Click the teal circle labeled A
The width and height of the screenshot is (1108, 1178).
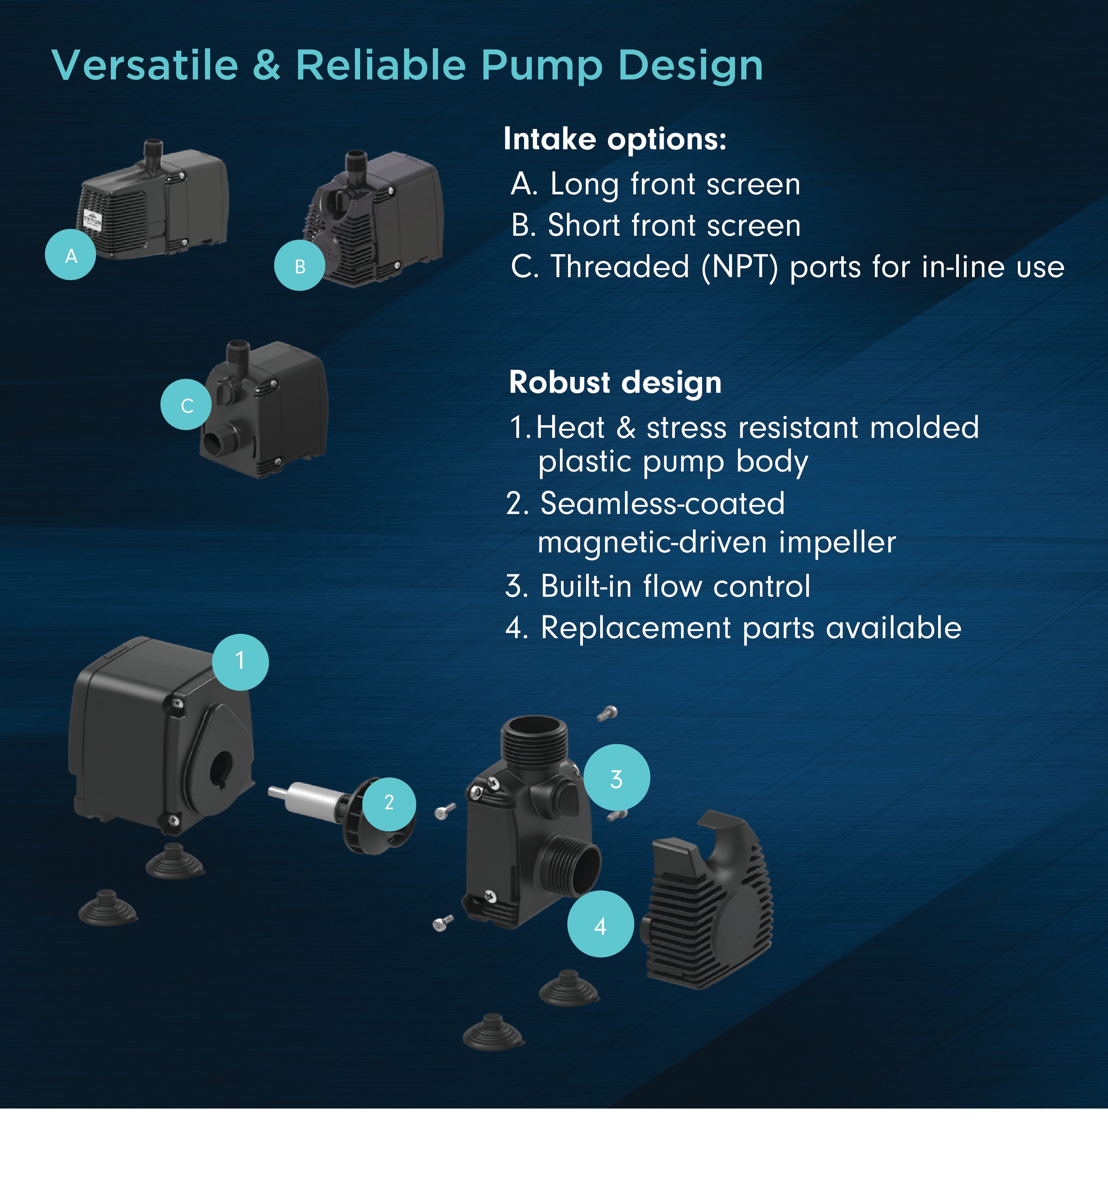tap(71, 255)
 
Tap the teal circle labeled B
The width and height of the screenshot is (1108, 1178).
tap(300, 265)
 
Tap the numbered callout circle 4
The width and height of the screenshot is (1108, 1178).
tap(600, 925)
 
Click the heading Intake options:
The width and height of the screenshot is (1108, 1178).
tap(615, 139)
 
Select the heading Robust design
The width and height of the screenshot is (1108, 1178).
tap(615, 382)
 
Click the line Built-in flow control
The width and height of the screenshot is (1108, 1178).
tap(657, 587)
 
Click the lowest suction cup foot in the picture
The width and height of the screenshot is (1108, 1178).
tap(492, 1032)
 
